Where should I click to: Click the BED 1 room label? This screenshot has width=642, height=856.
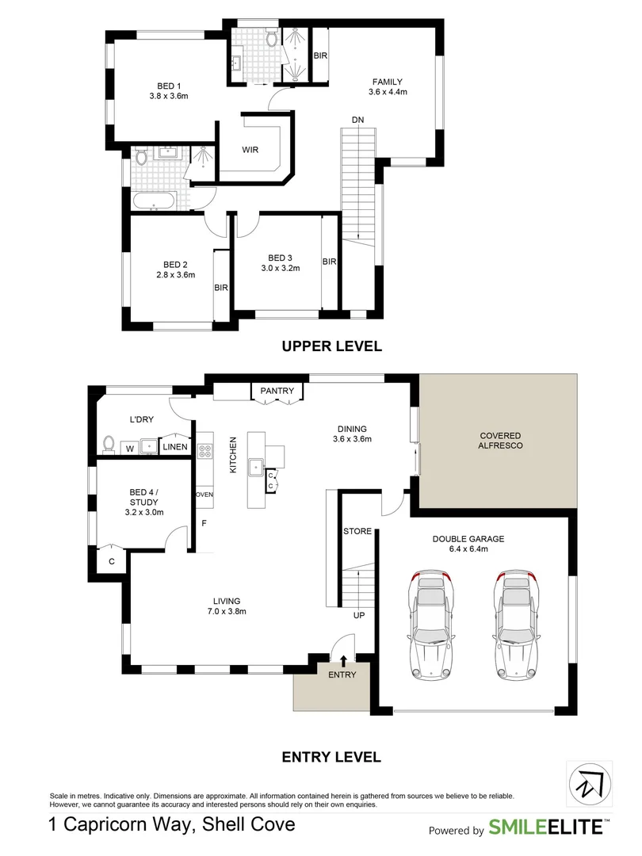tap(169, 86)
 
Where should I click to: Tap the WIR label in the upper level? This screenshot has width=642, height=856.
tap(250, 149)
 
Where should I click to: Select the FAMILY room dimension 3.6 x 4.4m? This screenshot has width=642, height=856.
tap(387, 92)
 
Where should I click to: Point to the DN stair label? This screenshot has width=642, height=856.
tap(358, 120)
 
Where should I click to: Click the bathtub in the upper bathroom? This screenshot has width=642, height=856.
tap(155, 201)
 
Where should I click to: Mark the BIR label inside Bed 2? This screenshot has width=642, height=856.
tap(221, 288)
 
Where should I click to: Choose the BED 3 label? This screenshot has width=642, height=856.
tap(280, 258)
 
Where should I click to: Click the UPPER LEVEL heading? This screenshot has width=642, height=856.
tap(332, 346)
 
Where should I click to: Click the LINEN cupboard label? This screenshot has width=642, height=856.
tap(175, 448)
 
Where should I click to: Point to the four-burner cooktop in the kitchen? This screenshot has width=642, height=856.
tap(204, 451)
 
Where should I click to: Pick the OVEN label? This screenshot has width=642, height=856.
tap(204, 495)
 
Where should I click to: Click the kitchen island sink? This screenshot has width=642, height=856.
tap(256, 466)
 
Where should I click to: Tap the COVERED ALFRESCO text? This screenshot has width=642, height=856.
tap(500, 441)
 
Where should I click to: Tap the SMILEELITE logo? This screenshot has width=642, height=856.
tap(545, 828)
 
